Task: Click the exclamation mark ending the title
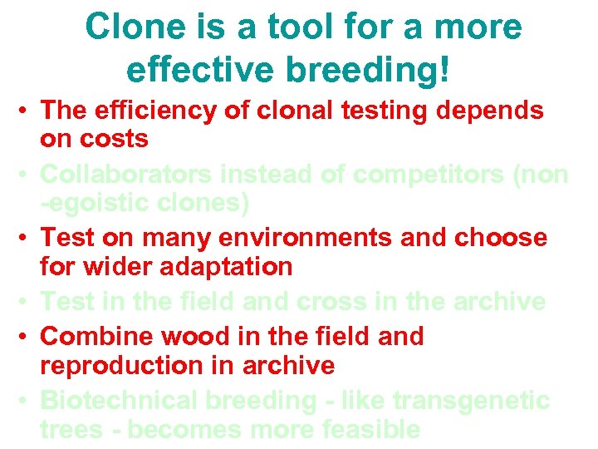click(448, 71)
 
